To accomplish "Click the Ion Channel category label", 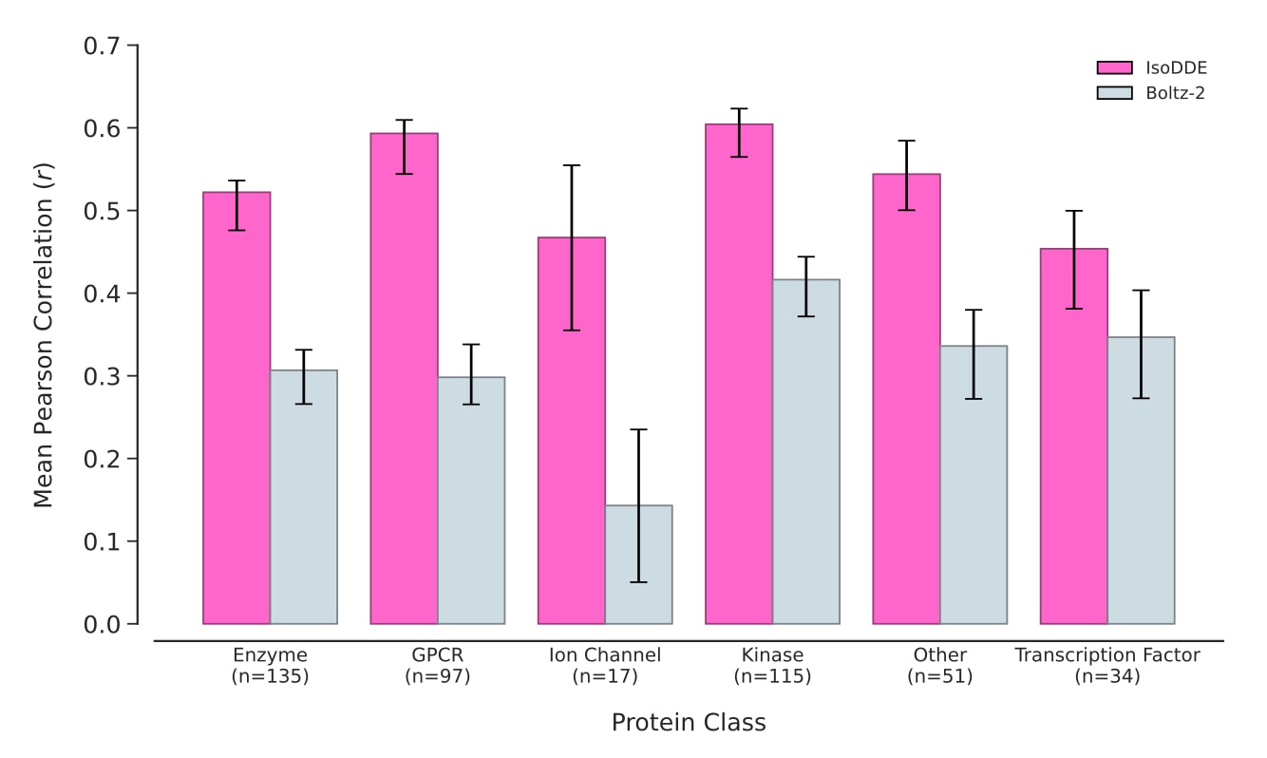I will (x=605, y=655).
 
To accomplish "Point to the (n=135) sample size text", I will (x=270, y=677).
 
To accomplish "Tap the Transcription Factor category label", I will (x=1107, y=655).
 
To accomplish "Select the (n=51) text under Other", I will (x=940, y=677).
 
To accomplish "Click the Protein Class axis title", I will (x=689, y=723).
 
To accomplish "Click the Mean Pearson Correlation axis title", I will (x=44, y=334).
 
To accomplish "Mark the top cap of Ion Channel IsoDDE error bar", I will (x=572, y=165).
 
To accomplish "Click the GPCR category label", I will (x=438, y=655).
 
